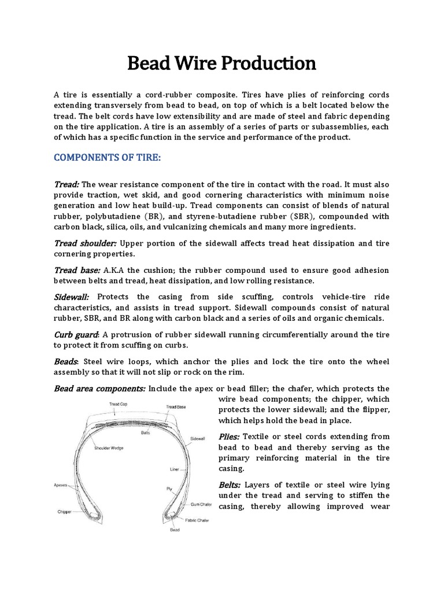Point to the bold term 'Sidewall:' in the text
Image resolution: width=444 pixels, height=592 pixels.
[x=71, y=296]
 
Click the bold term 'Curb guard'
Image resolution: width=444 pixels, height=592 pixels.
[x=76, y=335]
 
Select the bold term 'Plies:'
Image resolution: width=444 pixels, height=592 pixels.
[x=231, y=436]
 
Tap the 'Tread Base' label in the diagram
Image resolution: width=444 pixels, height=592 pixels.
[x=175, y=407]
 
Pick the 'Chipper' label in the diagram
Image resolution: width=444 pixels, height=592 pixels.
[x=64, y=512]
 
